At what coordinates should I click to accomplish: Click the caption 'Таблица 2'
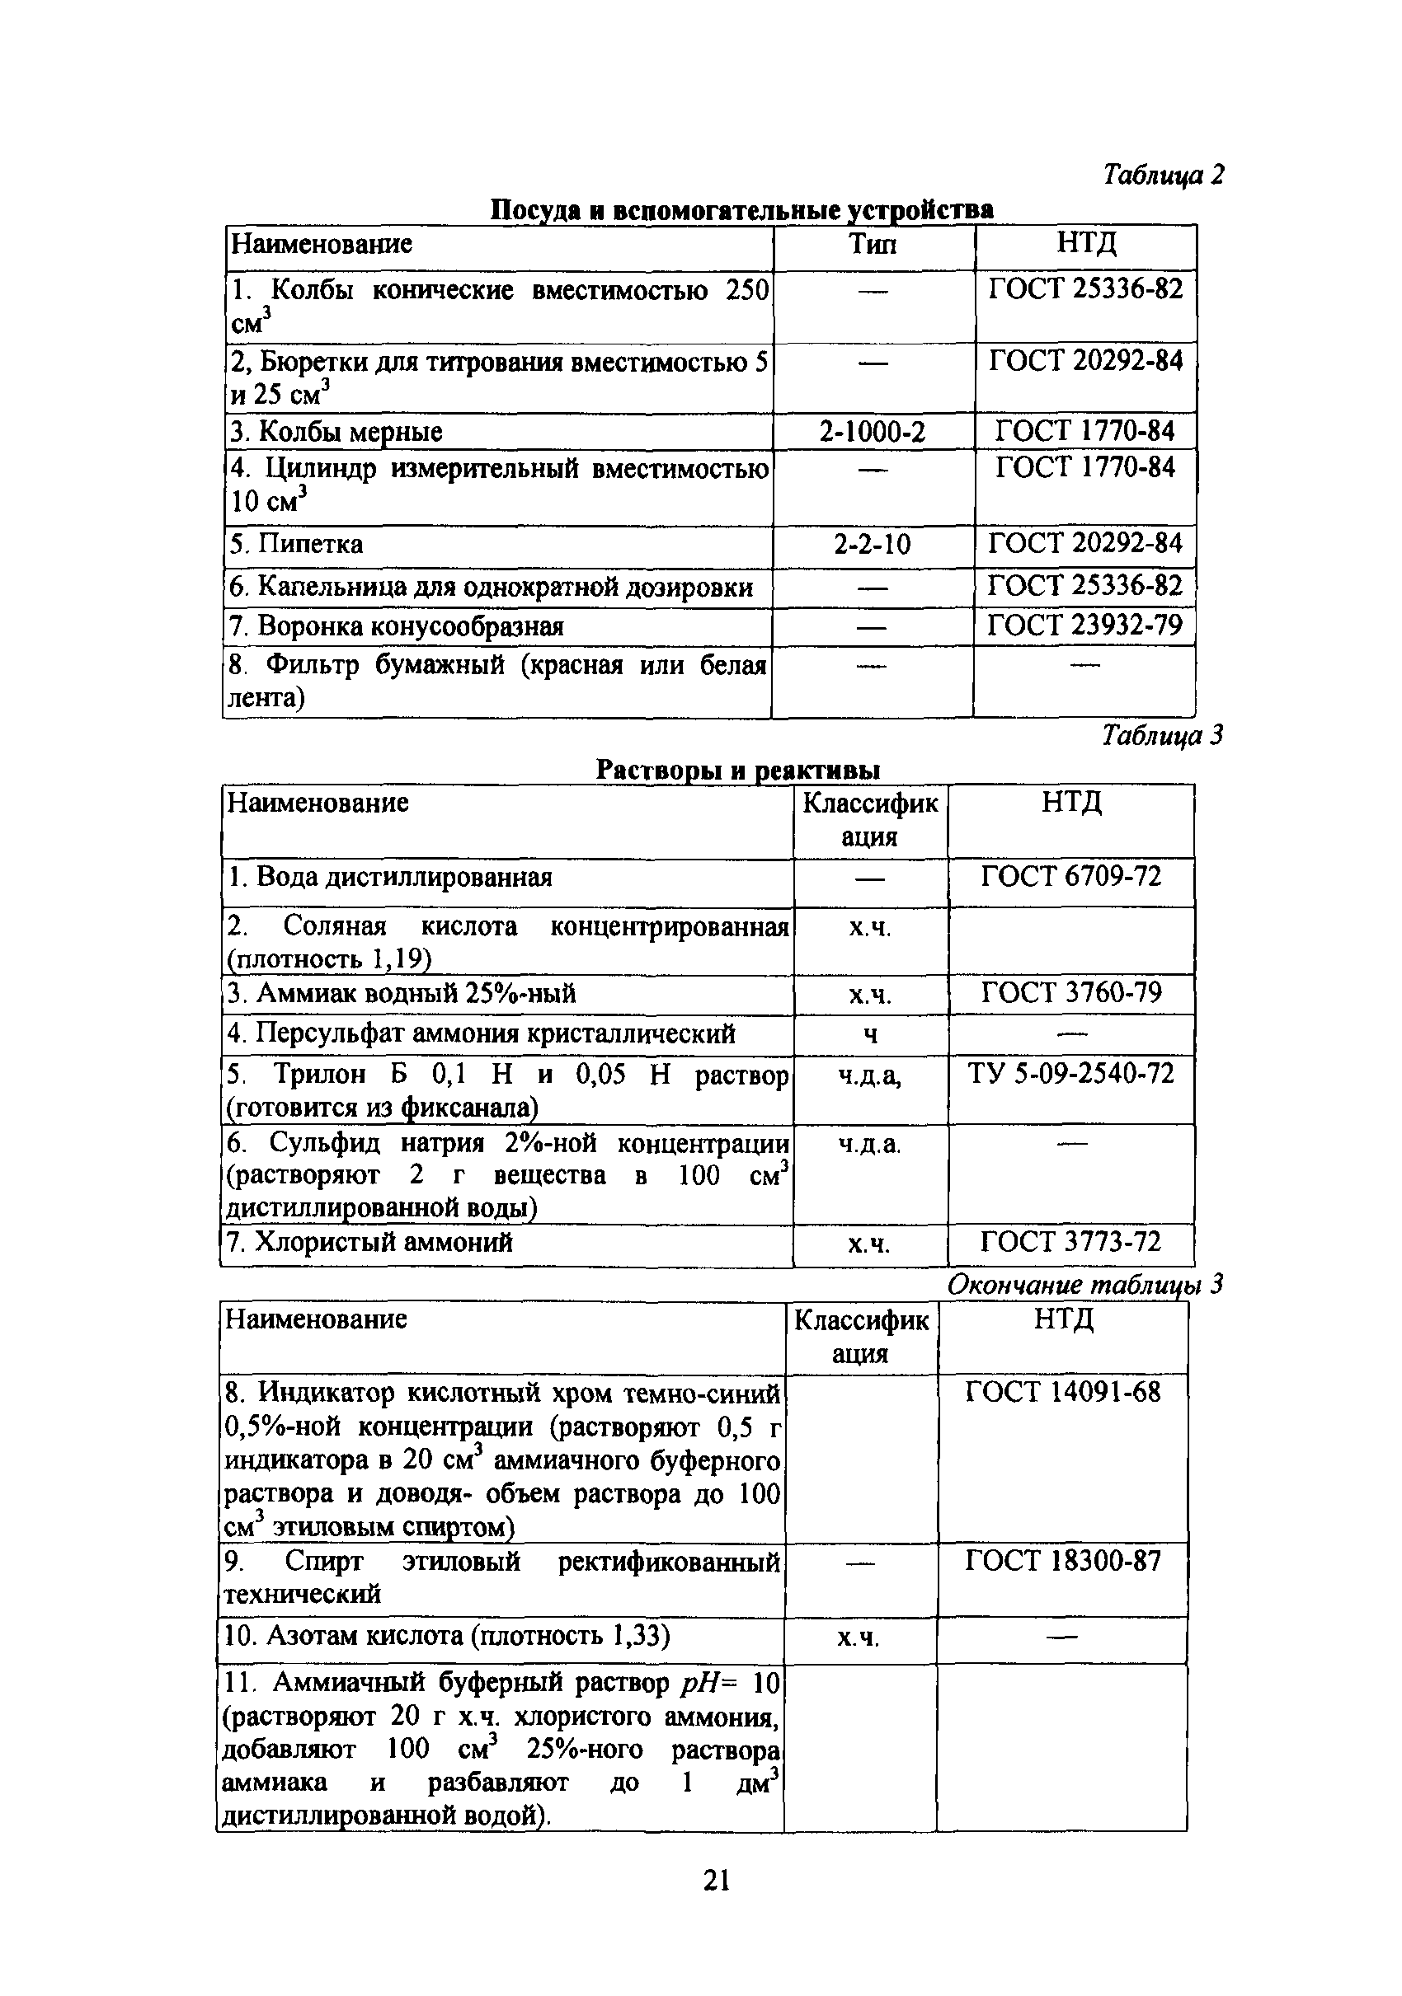pos(1163,176)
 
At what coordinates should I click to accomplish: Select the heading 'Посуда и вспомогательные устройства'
pos(742,209)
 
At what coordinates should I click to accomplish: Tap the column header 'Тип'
pos(873,244)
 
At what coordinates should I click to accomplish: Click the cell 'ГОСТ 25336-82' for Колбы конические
pos(1085,289)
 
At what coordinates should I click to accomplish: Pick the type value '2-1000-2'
pos(873,431)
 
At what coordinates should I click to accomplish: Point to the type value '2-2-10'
pos(873,545)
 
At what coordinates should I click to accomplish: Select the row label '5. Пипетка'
pos(297,545)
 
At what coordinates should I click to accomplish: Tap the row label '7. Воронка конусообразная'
pos(397,626)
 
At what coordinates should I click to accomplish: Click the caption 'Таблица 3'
pos(1162,735)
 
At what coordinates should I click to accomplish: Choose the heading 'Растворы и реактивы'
pos(737,771)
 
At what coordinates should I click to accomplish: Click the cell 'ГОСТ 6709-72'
pos(1070,876)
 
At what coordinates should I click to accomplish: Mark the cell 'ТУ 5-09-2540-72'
pos(1070,1073)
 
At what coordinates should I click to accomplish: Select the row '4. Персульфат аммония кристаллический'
pos(481,1033)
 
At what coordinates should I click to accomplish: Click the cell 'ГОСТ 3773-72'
pos(1070,1241)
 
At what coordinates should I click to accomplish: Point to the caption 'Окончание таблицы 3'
pos(1084,1284)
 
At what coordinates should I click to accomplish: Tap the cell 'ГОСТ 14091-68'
pos(1063,1392)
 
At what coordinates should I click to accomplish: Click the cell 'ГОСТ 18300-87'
pos(1063,1561)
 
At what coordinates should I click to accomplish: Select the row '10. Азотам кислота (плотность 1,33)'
pos(447,1636)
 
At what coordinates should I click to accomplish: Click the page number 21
pos(717,1881)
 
